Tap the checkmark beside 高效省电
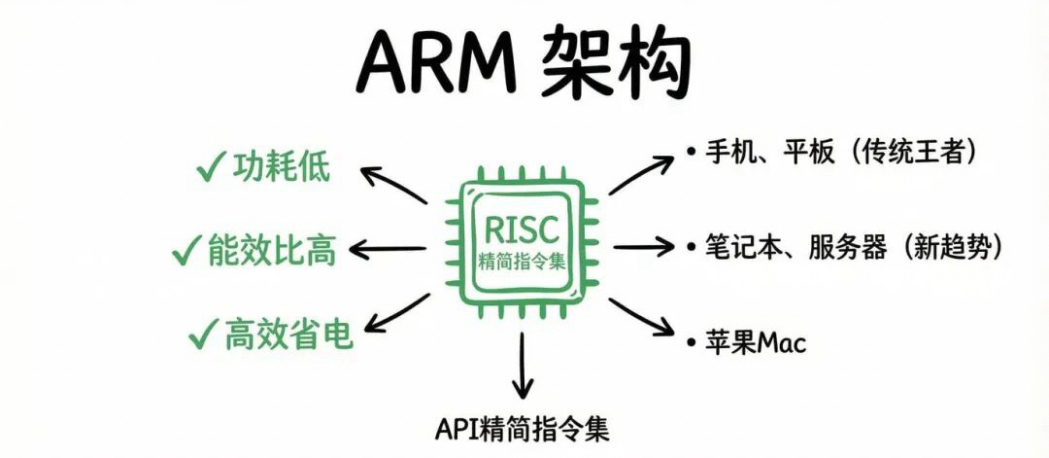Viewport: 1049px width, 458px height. [x=201, y=335]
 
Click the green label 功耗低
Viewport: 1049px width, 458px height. [x=281, y=168]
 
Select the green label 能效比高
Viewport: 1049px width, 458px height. [x=271, y=251]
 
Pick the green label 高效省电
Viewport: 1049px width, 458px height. [x=288, y=335]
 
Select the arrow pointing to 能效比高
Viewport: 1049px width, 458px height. [x=387, y=250]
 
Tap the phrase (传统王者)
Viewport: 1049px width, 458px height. [x=917, y=152]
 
